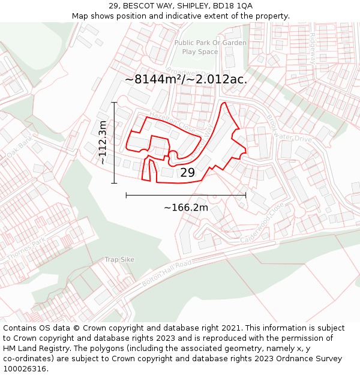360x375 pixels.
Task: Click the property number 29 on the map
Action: pos(188,173)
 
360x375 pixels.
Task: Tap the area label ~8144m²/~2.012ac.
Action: pos(186,79)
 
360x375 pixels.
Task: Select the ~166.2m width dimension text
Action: pos(186,208)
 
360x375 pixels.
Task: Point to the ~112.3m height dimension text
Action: pos(103,143)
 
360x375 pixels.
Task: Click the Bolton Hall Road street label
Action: pos(167,273)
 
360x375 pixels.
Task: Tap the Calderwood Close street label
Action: pos(262,223)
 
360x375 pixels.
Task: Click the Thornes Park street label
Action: pos(26,250)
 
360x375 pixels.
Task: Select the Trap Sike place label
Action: pos(119,259)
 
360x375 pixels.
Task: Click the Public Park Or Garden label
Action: pos(211,43)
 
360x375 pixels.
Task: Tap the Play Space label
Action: pos(200,52)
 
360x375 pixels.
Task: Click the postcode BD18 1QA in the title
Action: pos(230,6)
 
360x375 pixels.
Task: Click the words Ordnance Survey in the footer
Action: pos(310,358)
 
